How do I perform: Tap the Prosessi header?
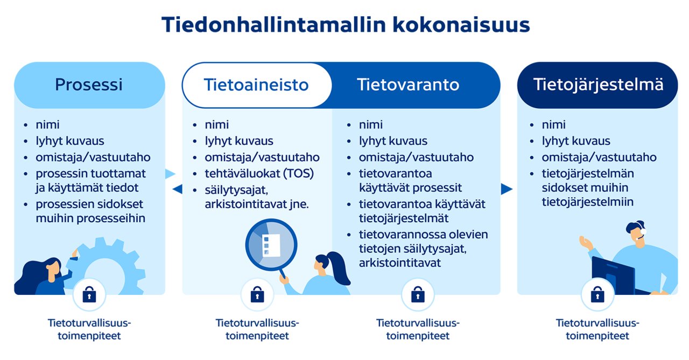[89, 85]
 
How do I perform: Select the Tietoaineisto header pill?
[256, 85]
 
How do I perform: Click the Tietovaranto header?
[408, 85]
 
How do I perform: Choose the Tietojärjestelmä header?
[597, 85]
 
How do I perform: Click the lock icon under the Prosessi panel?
[89, 294]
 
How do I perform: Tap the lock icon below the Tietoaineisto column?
[257, 295]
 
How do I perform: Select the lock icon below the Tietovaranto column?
[418, 294]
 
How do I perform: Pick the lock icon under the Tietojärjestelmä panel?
[597, 294]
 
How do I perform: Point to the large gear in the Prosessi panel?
[110, 266]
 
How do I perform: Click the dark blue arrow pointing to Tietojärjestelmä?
[506, 189]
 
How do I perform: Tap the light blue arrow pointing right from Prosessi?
[170, 174]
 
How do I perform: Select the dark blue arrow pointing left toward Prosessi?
[177, 189]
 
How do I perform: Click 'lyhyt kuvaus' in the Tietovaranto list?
[393, 141]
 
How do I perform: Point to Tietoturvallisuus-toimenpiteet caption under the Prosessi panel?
[89, 329]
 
